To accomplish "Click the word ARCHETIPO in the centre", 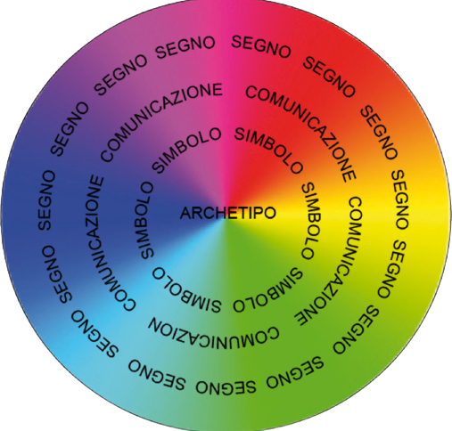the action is point(228,213).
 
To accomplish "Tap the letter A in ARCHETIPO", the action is point(185,213).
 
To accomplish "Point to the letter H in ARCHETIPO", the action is point(218,213).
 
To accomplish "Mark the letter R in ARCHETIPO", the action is point(197,213).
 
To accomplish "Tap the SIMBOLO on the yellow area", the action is point(311,221).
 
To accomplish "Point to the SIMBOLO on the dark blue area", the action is point(145,220).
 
